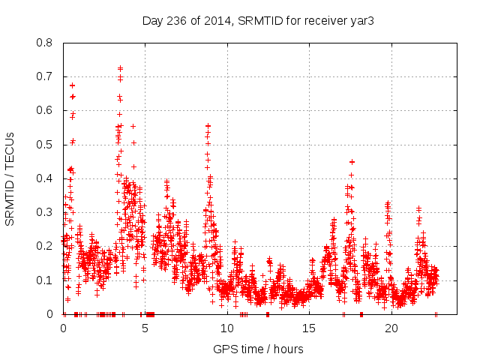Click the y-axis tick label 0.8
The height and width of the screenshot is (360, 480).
coord(46,43)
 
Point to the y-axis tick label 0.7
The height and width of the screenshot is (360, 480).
coord(46,76)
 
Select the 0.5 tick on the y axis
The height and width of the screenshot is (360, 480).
coord(46,144)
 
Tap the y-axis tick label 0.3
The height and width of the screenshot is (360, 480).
coord(46,212)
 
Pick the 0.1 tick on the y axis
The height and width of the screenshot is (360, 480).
coord(46,280)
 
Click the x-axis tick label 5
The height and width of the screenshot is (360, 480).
coord(145,328)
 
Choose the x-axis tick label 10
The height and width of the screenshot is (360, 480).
coord(227,328)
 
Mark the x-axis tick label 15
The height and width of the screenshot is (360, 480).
coord(310,328)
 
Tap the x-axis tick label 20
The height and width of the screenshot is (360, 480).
coord(391,328)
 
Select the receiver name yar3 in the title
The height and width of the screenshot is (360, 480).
coord(361,20)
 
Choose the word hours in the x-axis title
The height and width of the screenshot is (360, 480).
coord(288,349)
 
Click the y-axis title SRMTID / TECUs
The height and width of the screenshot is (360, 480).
coord(10,178)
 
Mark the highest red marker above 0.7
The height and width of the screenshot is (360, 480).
coord(120,68)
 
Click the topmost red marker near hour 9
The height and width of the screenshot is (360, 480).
coord(208,126)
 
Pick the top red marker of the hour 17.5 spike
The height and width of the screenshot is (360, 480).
coord(351,161)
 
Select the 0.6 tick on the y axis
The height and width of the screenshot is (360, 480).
coord(46,110)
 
